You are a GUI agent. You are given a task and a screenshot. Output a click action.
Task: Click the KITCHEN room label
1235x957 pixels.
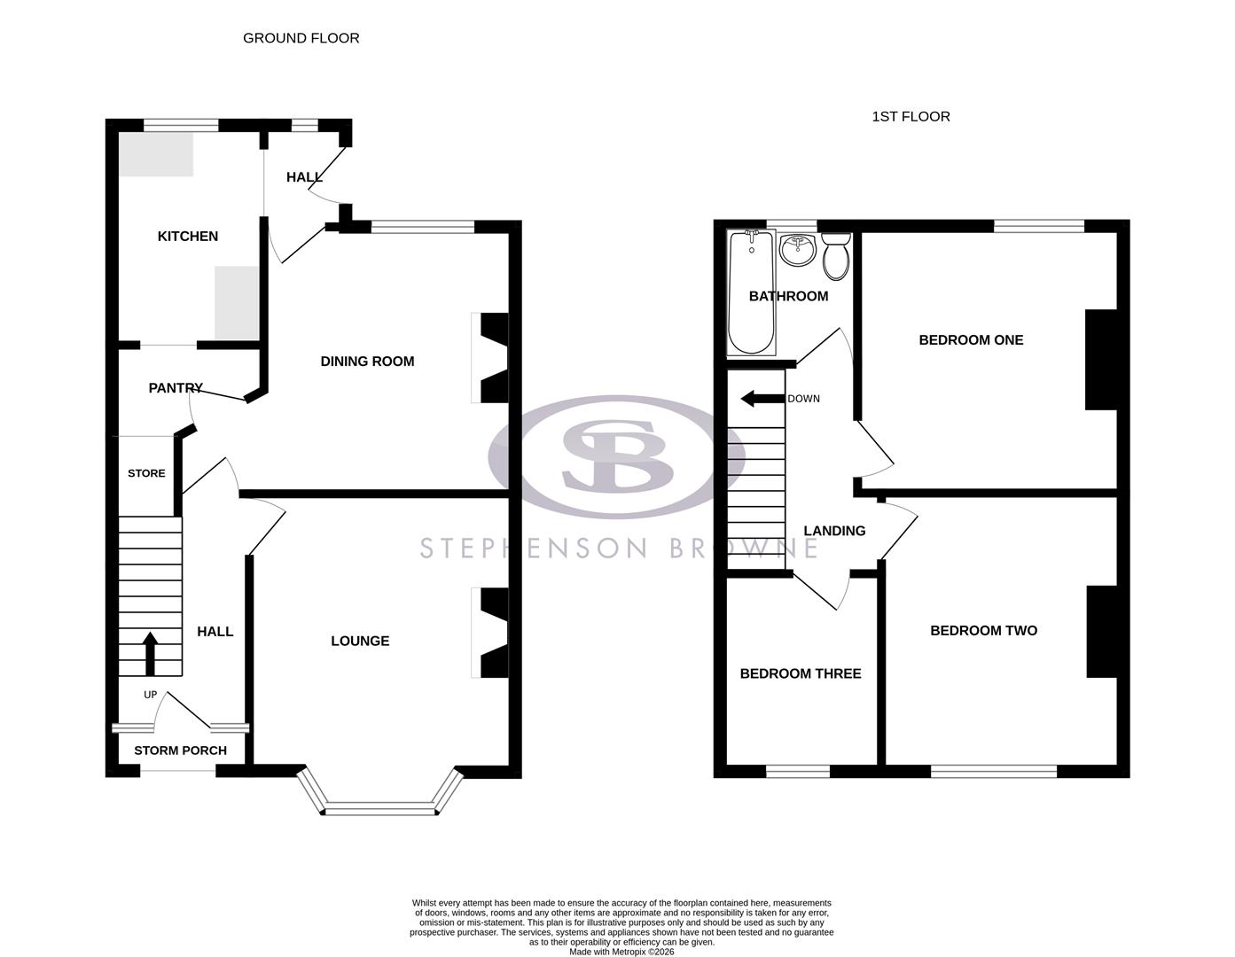tap(187, 236)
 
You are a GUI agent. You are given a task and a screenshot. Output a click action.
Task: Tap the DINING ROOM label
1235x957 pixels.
tap(367, 361)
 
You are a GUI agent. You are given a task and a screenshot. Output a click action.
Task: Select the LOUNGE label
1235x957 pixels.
tap(360, 641)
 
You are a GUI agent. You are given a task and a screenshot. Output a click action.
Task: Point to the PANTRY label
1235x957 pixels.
tap(176, 388)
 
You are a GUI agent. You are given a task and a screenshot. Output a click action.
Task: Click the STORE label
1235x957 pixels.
tap(146, 473)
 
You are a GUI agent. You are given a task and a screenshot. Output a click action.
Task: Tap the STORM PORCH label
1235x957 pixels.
tap(180, 751)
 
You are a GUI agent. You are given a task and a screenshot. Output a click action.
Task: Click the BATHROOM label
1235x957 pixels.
tap(788, 296)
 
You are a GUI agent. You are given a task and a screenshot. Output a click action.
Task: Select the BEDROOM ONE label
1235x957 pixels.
tap(971, 339)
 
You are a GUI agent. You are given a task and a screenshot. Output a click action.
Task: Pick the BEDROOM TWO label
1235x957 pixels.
tap(983, 630)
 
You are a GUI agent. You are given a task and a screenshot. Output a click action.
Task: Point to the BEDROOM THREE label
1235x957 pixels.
tap(801, 673)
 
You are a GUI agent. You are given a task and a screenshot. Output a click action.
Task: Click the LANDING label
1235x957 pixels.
tap(834, 531)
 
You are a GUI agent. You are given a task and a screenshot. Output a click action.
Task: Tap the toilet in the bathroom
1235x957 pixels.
tap(836, 256)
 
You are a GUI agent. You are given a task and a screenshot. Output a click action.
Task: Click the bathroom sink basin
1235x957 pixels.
tap(798, 249)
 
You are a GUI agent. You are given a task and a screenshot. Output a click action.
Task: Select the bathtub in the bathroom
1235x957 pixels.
tap(751, 292)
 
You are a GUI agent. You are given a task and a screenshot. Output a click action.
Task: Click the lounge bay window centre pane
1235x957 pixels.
tap(381, 807)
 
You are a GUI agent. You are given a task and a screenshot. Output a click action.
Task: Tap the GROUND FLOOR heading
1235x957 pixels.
tap(301, 38)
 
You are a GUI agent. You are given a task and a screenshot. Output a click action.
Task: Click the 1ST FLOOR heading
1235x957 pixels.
tap(911, 116)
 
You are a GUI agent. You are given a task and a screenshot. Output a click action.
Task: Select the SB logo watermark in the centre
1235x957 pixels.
tap(616, 457)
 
